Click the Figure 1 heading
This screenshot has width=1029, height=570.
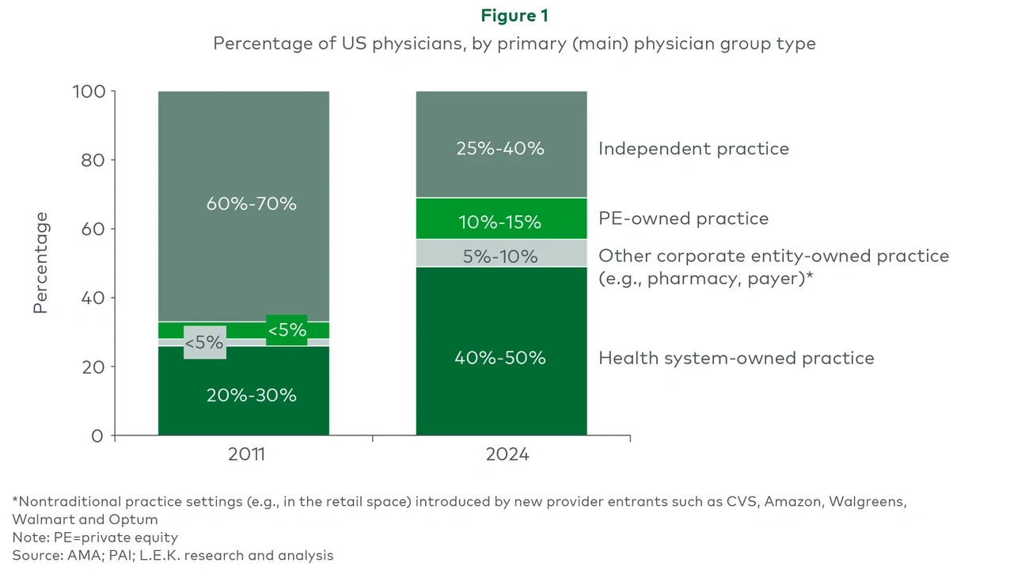point(514,15)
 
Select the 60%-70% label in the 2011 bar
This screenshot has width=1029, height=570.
point(251,203)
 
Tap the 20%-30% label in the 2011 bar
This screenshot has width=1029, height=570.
point(251,395)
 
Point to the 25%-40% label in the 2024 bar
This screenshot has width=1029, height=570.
point(500,148)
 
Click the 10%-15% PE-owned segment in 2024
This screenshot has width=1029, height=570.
point(500,222)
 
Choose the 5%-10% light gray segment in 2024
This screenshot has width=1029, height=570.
point(500,256)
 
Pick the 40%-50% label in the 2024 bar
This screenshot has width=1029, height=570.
point(500,358)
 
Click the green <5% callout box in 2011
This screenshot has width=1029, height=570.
point(287,330)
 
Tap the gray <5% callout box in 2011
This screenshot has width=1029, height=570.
point(204,343)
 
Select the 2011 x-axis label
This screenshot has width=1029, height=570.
point(245,455)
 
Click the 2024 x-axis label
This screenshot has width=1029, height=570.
point(507,455)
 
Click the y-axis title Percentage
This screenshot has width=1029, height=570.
point(41,263)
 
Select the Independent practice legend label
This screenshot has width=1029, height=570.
point(693,149)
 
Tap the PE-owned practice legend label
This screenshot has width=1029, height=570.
point(683,218)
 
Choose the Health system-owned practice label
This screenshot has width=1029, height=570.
point(736,358)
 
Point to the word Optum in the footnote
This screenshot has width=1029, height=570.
point(136,519)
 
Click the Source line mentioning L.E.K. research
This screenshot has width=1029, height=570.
point(173,555)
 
